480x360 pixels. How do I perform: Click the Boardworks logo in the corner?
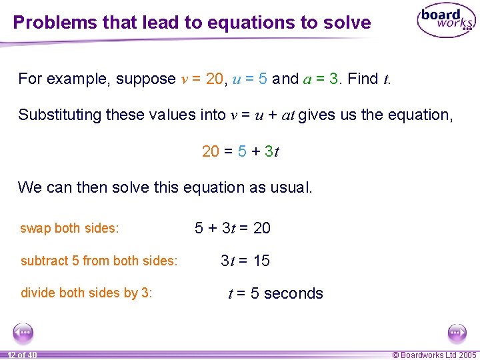[445, 21]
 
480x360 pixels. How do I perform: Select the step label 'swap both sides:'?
[70, 228]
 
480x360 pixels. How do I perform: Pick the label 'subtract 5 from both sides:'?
[99, 261]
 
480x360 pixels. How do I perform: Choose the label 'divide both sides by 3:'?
[87, 293]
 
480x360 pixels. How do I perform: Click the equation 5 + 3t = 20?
[233, 228]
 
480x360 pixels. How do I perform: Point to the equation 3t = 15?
[245, 261]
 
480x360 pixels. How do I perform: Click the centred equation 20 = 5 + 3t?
[241, 151]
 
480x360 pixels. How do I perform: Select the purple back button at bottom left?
[23, 332]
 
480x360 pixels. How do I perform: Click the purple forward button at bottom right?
[457, 332]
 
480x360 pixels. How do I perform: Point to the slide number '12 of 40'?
[23, 355]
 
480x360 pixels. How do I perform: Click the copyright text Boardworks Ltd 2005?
[435, 355]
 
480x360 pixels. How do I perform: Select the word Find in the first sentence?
[363, 79]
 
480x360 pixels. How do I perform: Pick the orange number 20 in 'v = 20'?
[215, 79]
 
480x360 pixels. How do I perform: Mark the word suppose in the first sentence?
[146, 79]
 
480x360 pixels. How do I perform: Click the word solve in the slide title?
[348, 23]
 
